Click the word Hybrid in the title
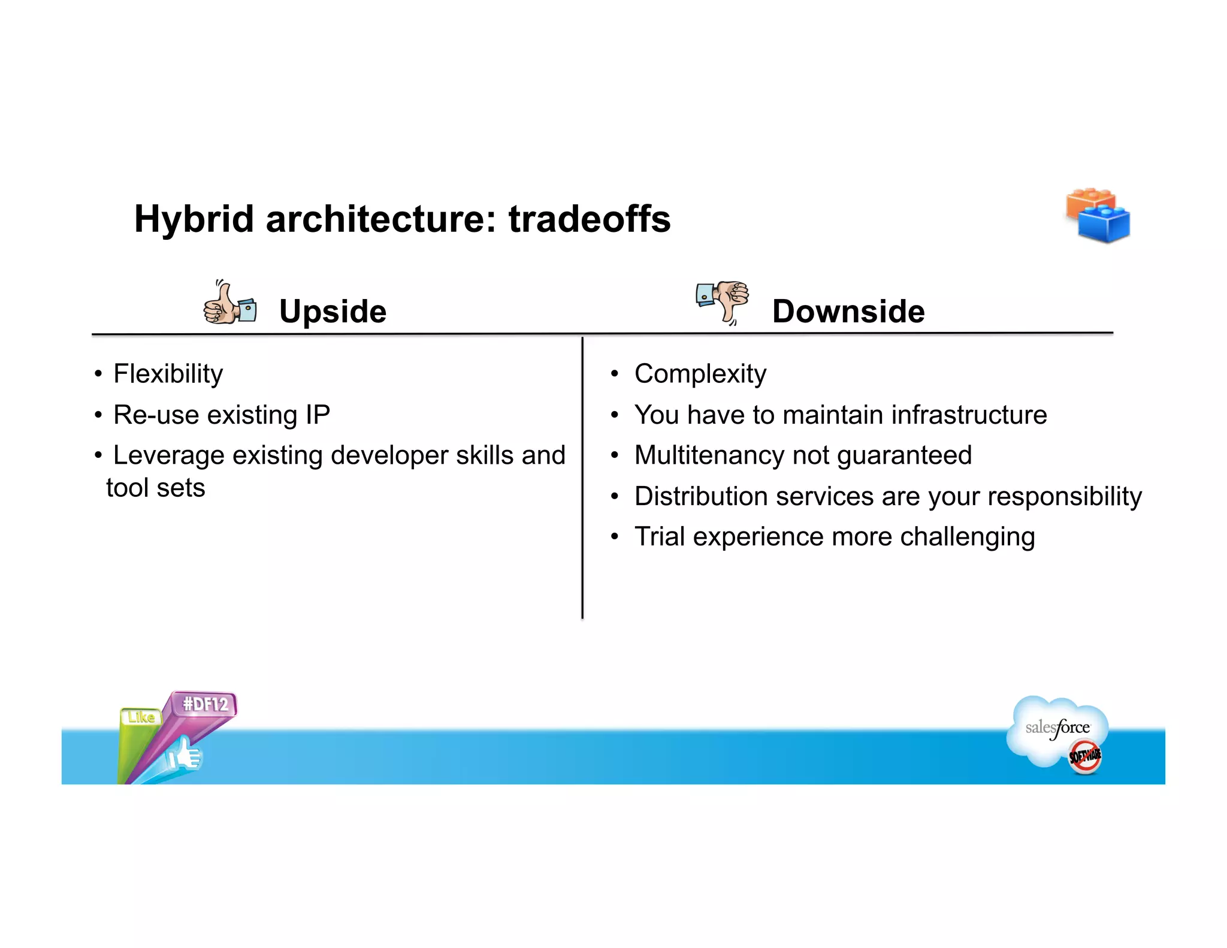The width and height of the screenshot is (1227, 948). click(194, 219)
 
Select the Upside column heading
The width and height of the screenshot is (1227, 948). click(333, 312)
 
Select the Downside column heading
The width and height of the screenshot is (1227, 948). click(848, 312)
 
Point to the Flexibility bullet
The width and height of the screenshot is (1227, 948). click(168, 374)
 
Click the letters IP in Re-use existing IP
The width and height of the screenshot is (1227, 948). click(318, 415)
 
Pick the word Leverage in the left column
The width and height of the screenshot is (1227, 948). click(168, 455)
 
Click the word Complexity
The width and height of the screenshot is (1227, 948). click(700, 374)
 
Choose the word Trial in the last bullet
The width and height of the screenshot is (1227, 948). click(659, 536)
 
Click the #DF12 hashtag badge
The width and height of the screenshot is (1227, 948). click(205, 704)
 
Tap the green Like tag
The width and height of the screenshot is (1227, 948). click(141, 717)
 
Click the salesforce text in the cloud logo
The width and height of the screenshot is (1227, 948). click(1057, 728)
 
